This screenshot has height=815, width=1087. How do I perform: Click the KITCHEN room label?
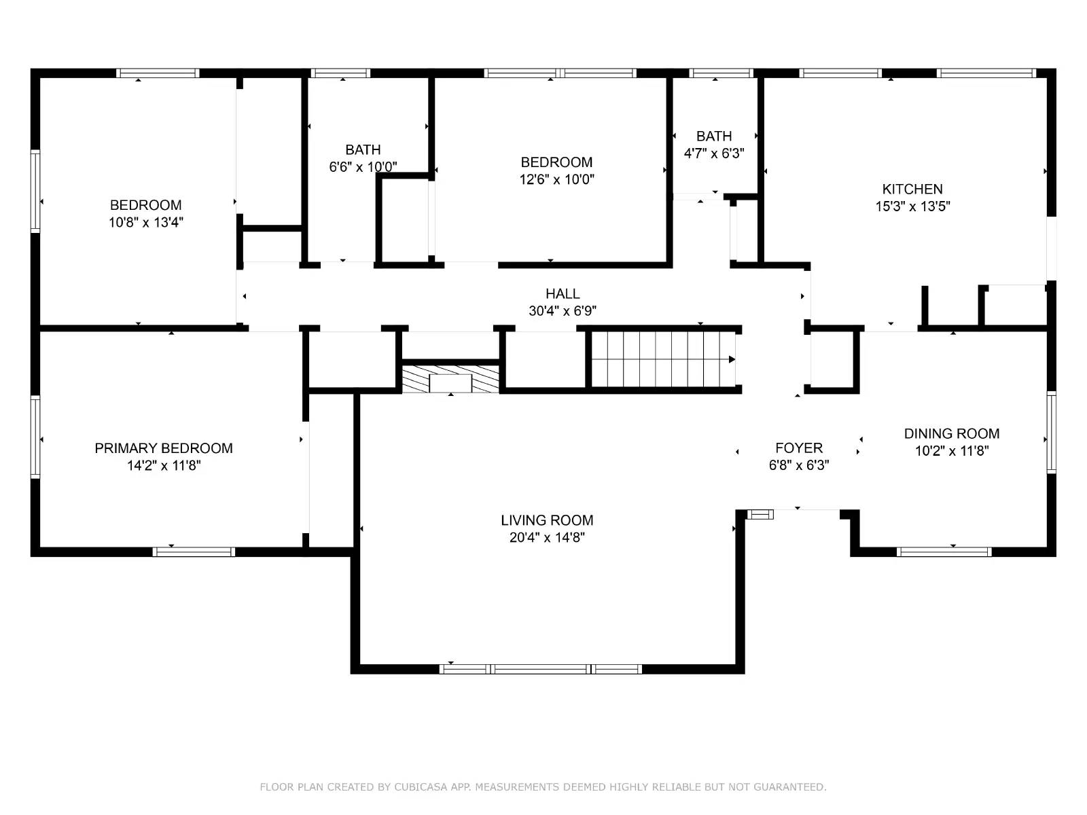click(x=912, y=189)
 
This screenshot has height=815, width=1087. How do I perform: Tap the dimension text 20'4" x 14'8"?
click(x=547, y=538)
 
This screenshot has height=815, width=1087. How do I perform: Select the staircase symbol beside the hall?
click(x=662, y=359)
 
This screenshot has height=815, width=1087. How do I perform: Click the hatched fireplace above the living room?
click(x=450, y=380)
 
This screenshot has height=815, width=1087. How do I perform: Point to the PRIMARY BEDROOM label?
click(x=163, y=448)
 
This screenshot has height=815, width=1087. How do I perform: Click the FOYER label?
click(x=798, y=448)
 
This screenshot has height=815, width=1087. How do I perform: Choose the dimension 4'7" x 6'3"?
click(x=713, y=153)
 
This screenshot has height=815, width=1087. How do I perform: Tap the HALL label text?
click(x=563, y=294)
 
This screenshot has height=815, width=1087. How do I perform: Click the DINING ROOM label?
click(x=951, y=434)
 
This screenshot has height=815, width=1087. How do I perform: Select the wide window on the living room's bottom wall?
click(x=541, y=669)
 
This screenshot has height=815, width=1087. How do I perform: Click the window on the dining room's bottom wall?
click(x=943, y=551)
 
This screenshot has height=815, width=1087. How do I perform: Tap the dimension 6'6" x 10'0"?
click(x=363, y=167)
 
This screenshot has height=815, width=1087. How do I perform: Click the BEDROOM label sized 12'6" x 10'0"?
click(x=556, y=162)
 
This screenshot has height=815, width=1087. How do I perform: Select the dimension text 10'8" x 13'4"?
click(x=145, y=222)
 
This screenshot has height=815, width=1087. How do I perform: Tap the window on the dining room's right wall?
click(x=1051, y=432)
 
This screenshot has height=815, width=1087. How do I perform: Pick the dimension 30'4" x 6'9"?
click(x=563, y=311)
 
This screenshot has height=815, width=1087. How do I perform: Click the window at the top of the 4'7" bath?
click(x=721, y=73)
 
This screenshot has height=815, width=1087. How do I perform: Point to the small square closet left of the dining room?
click(x=832, y=360)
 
